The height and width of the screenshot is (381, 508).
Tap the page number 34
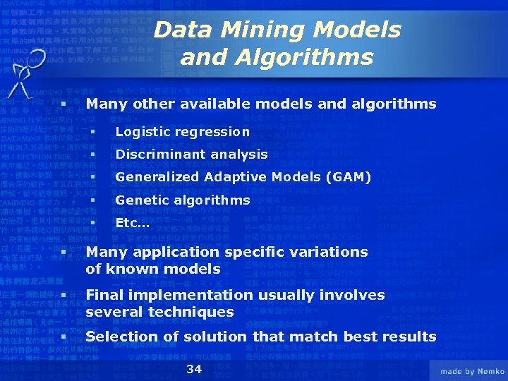(x=194, y=369)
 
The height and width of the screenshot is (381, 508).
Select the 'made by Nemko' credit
(x=472, y=371)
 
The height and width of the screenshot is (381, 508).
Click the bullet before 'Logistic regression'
(x=91, y=132)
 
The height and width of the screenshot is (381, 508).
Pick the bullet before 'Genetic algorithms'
(x=91, y=200)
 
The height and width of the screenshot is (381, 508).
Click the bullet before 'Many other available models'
(x=64, y=104)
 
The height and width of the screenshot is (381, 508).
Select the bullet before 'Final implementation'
(x=64, y=296)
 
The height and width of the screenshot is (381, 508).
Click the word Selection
(x=123, y=337)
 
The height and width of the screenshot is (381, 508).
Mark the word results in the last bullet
(x=409, y=337)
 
